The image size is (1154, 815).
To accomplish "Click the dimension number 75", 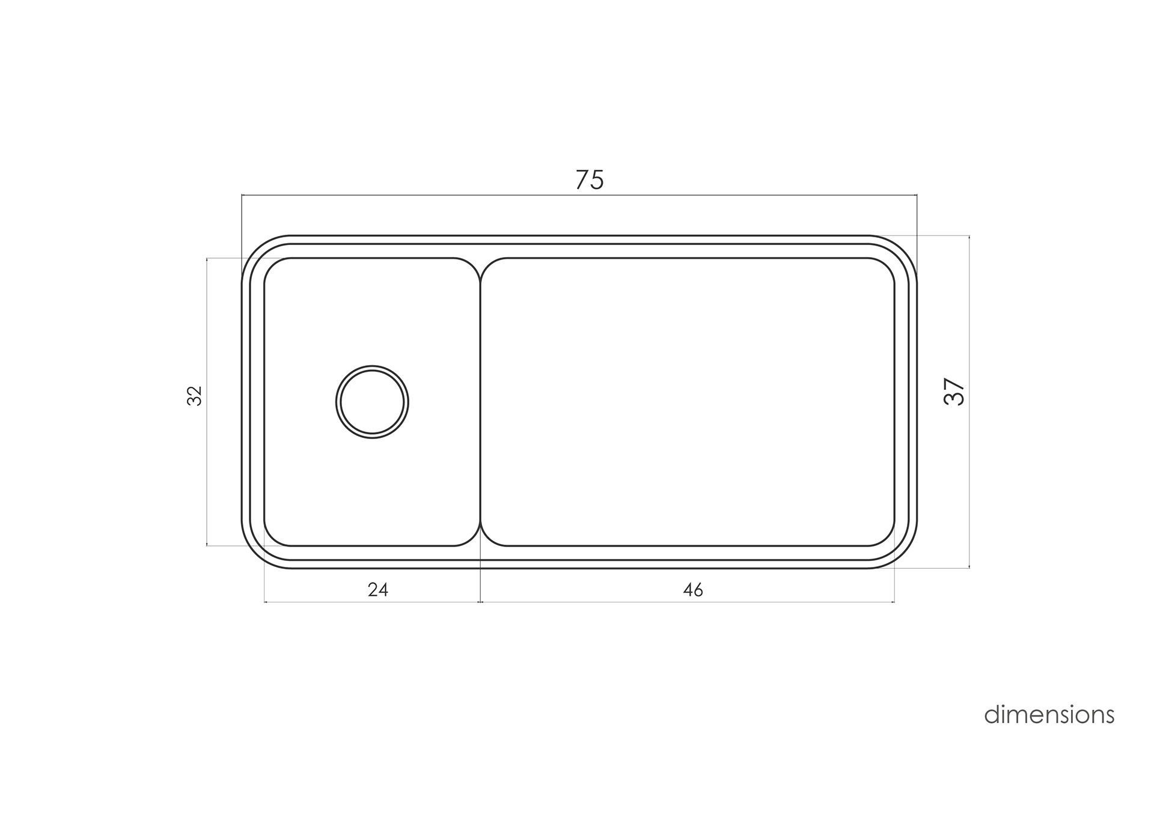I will [589, 180].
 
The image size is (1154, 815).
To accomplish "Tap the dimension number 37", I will [954, 392].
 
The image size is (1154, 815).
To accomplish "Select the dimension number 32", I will [195, 396].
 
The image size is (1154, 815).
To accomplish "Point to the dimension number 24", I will [378, 590].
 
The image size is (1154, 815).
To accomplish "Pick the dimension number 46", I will [693, 590].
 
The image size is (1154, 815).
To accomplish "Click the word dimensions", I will [1049, 715].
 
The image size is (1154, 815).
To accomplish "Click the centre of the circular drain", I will [372, 402].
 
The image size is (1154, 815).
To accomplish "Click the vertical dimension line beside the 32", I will [207, 456].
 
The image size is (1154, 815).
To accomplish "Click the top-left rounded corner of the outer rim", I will [256, 250].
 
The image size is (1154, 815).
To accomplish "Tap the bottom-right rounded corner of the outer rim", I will [903, 554].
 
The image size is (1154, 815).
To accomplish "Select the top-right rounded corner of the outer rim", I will [903, 250].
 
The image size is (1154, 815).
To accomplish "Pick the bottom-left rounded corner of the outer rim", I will [256, 554].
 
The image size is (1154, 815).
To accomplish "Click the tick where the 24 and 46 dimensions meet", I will [481, 602].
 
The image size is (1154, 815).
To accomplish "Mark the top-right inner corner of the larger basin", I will [887, 265].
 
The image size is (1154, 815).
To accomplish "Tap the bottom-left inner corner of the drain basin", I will [272, 538].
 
